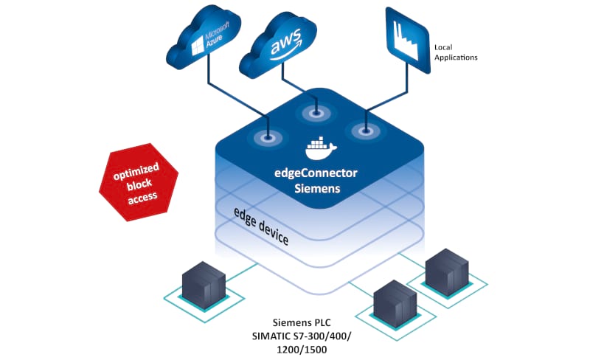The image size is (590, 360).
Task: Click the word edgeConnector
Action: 321,173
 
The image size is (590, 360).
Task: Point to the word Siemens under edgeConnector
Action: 321,189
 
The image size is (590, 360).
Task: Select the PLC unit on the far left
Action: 204,288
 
